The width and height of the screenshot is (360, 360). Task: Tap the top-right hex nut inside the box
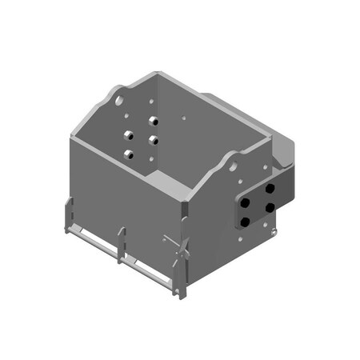click(x=154, y=122)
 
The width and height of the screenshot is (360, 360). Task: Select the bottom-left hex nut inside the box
click(x=128, y=153)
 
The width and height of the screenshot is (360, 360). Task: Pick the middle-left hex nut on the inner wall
click(x=127, y=135)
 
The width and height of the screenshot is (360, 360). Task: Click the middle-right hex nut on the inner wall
click(x=152, y=140)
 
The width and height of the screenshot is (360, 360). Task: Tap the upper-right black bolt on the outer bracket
click(x=270, y=187)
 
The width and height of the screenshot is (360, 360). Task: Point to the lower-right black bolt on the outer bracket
click(x=270, y=207)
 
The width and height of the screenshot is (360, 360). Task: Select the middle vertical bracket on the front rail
click(x=122, y=244)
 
